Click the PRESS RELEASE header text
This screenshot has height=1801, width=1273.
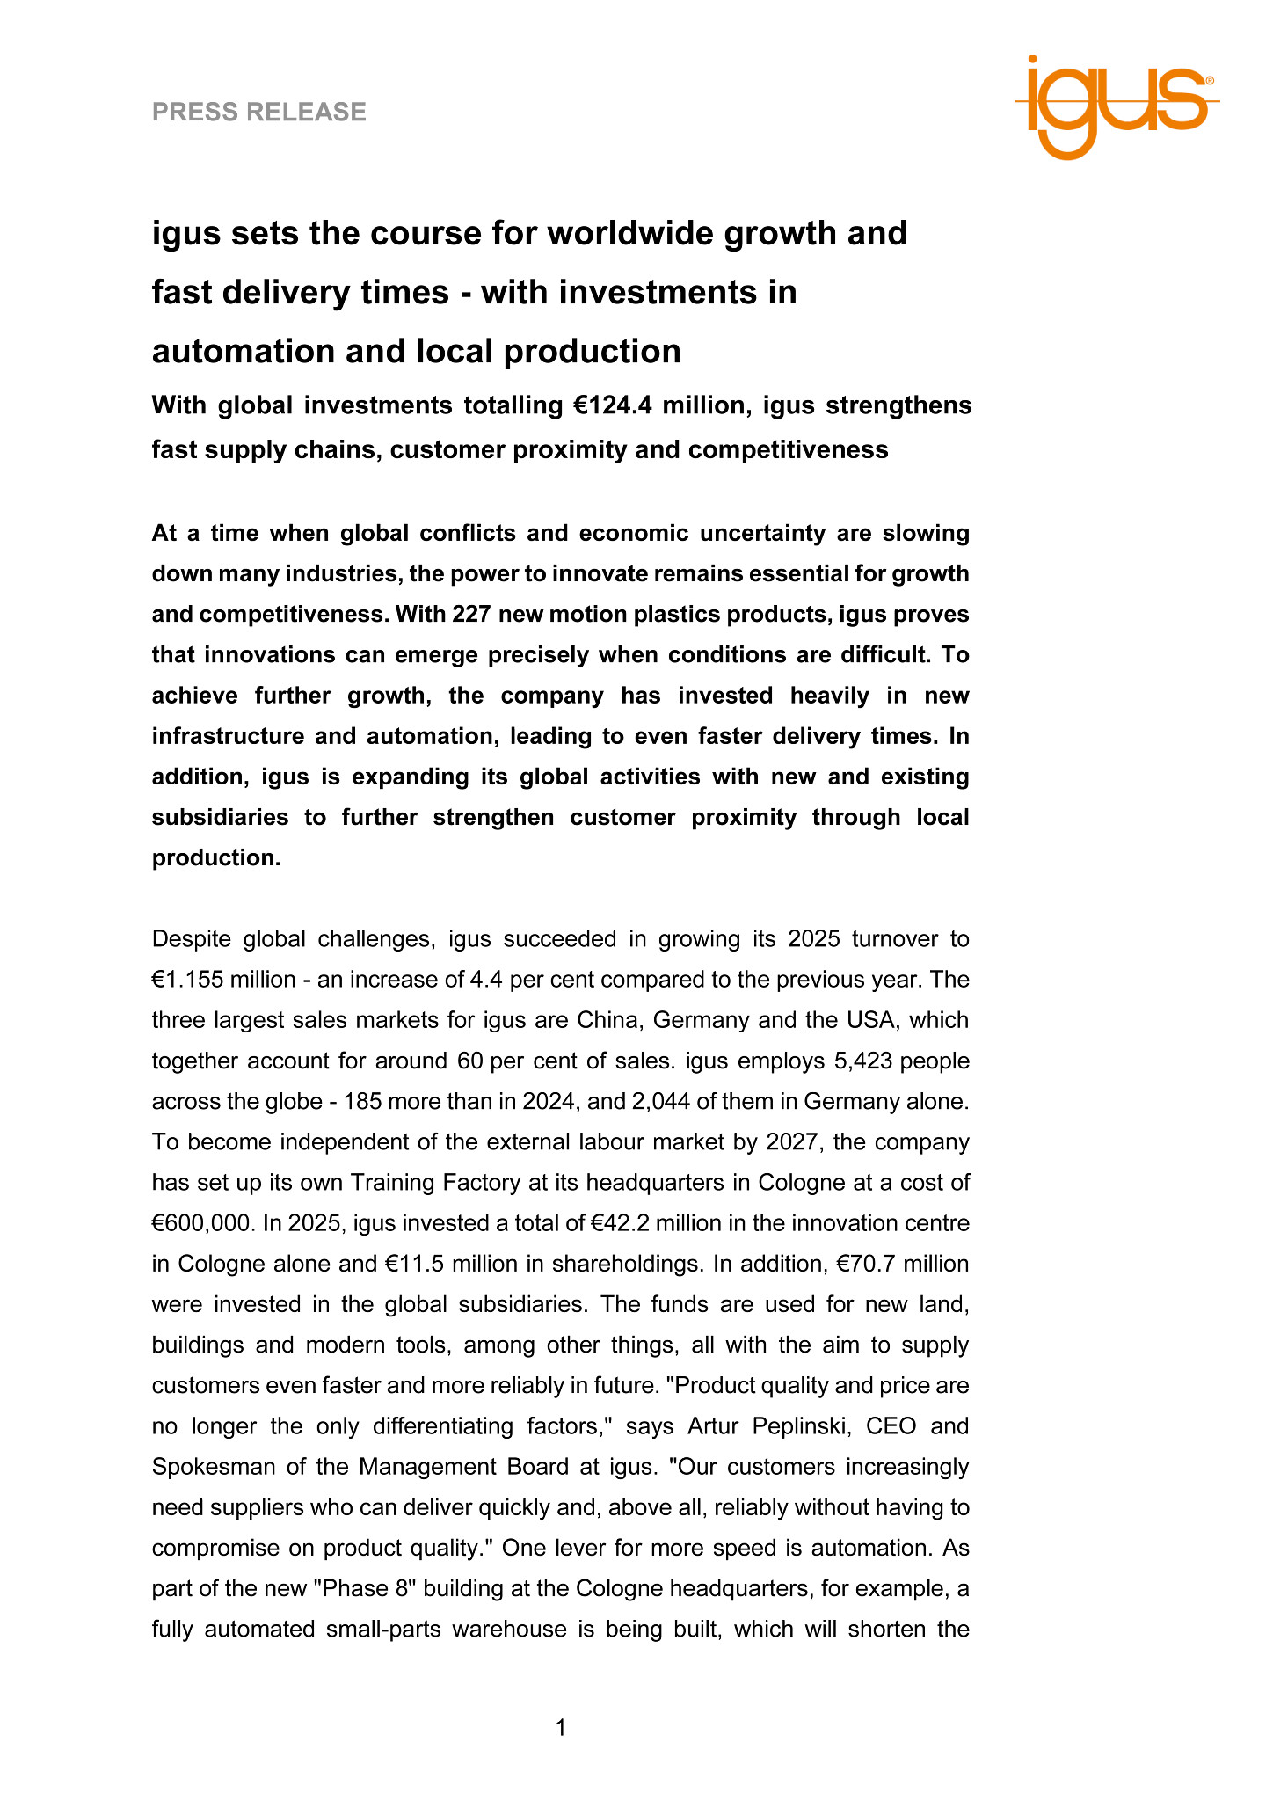coord(259,112)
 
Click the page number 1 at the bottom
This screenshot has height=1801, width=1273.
coord(561,1728)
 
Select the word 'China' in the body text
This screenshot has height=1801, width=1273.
coord(608,1020)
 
